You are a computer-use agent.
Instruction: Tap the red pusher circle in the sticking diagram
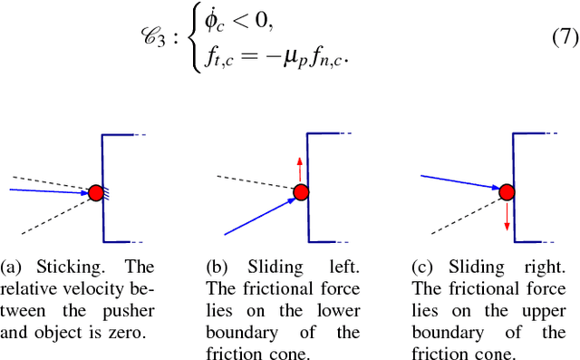96,192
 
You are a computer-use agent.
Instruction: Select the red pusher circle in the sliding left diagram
300,192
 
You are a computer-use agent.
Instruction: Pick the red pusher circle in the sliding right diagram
507,191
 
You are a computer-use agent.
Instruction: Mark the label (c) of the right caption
424,268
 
